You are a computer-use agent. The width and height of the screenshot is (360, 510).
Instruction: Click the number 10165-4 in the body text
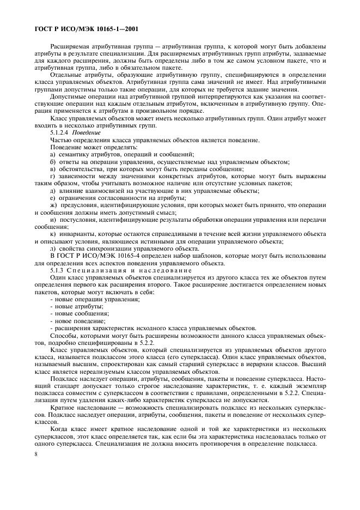128,254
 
